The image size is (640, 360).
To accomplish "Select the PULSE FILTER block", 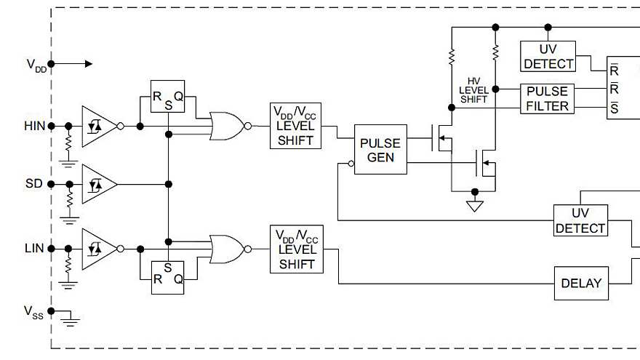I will (x=547, y=99).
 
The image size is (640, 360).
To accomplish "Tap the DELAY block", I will (x=581, y=283).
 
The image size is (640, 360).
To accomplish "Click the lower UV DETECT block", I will (x=580, y=221).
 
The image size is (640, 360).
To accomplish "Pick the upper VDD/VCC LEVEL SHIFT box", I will (x=295, y=125).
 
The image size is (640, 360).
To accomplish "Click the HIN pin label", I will (x=34, y=126).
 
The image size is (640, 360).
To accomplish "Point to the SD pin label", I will (x=34, y=184).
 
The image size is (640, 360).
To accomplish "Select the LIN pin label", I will (x=34, y=249).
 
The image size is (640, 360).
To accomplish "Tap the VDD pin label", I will (x=36, y=65).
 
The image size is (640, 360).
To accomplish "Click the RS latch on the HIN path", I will (x=167, y=96).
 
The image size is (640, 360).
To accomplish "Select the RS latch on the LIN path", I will (x=167, y=277).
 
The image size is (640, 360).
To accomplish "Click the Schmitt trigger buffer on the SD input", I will (x=97, y=185).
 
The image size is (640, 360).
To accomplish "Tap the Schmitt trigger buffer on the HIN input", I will (x=97, y=126).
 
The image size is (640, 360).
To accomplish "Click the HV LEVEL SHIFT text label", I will (x=473, y=89).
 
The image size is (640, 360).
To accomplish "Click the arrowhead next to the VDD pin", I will (x=88, y=64).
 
